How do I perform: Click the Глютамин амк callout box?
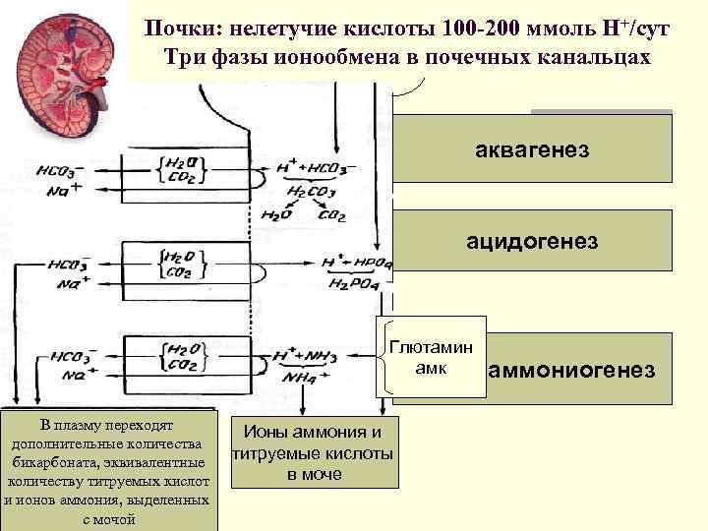[x=431, y=357]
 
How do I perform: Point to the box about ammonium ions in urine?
[x=314, y=452]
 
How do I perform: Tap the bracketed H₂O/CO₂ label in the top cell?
[x=180, y=168]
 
